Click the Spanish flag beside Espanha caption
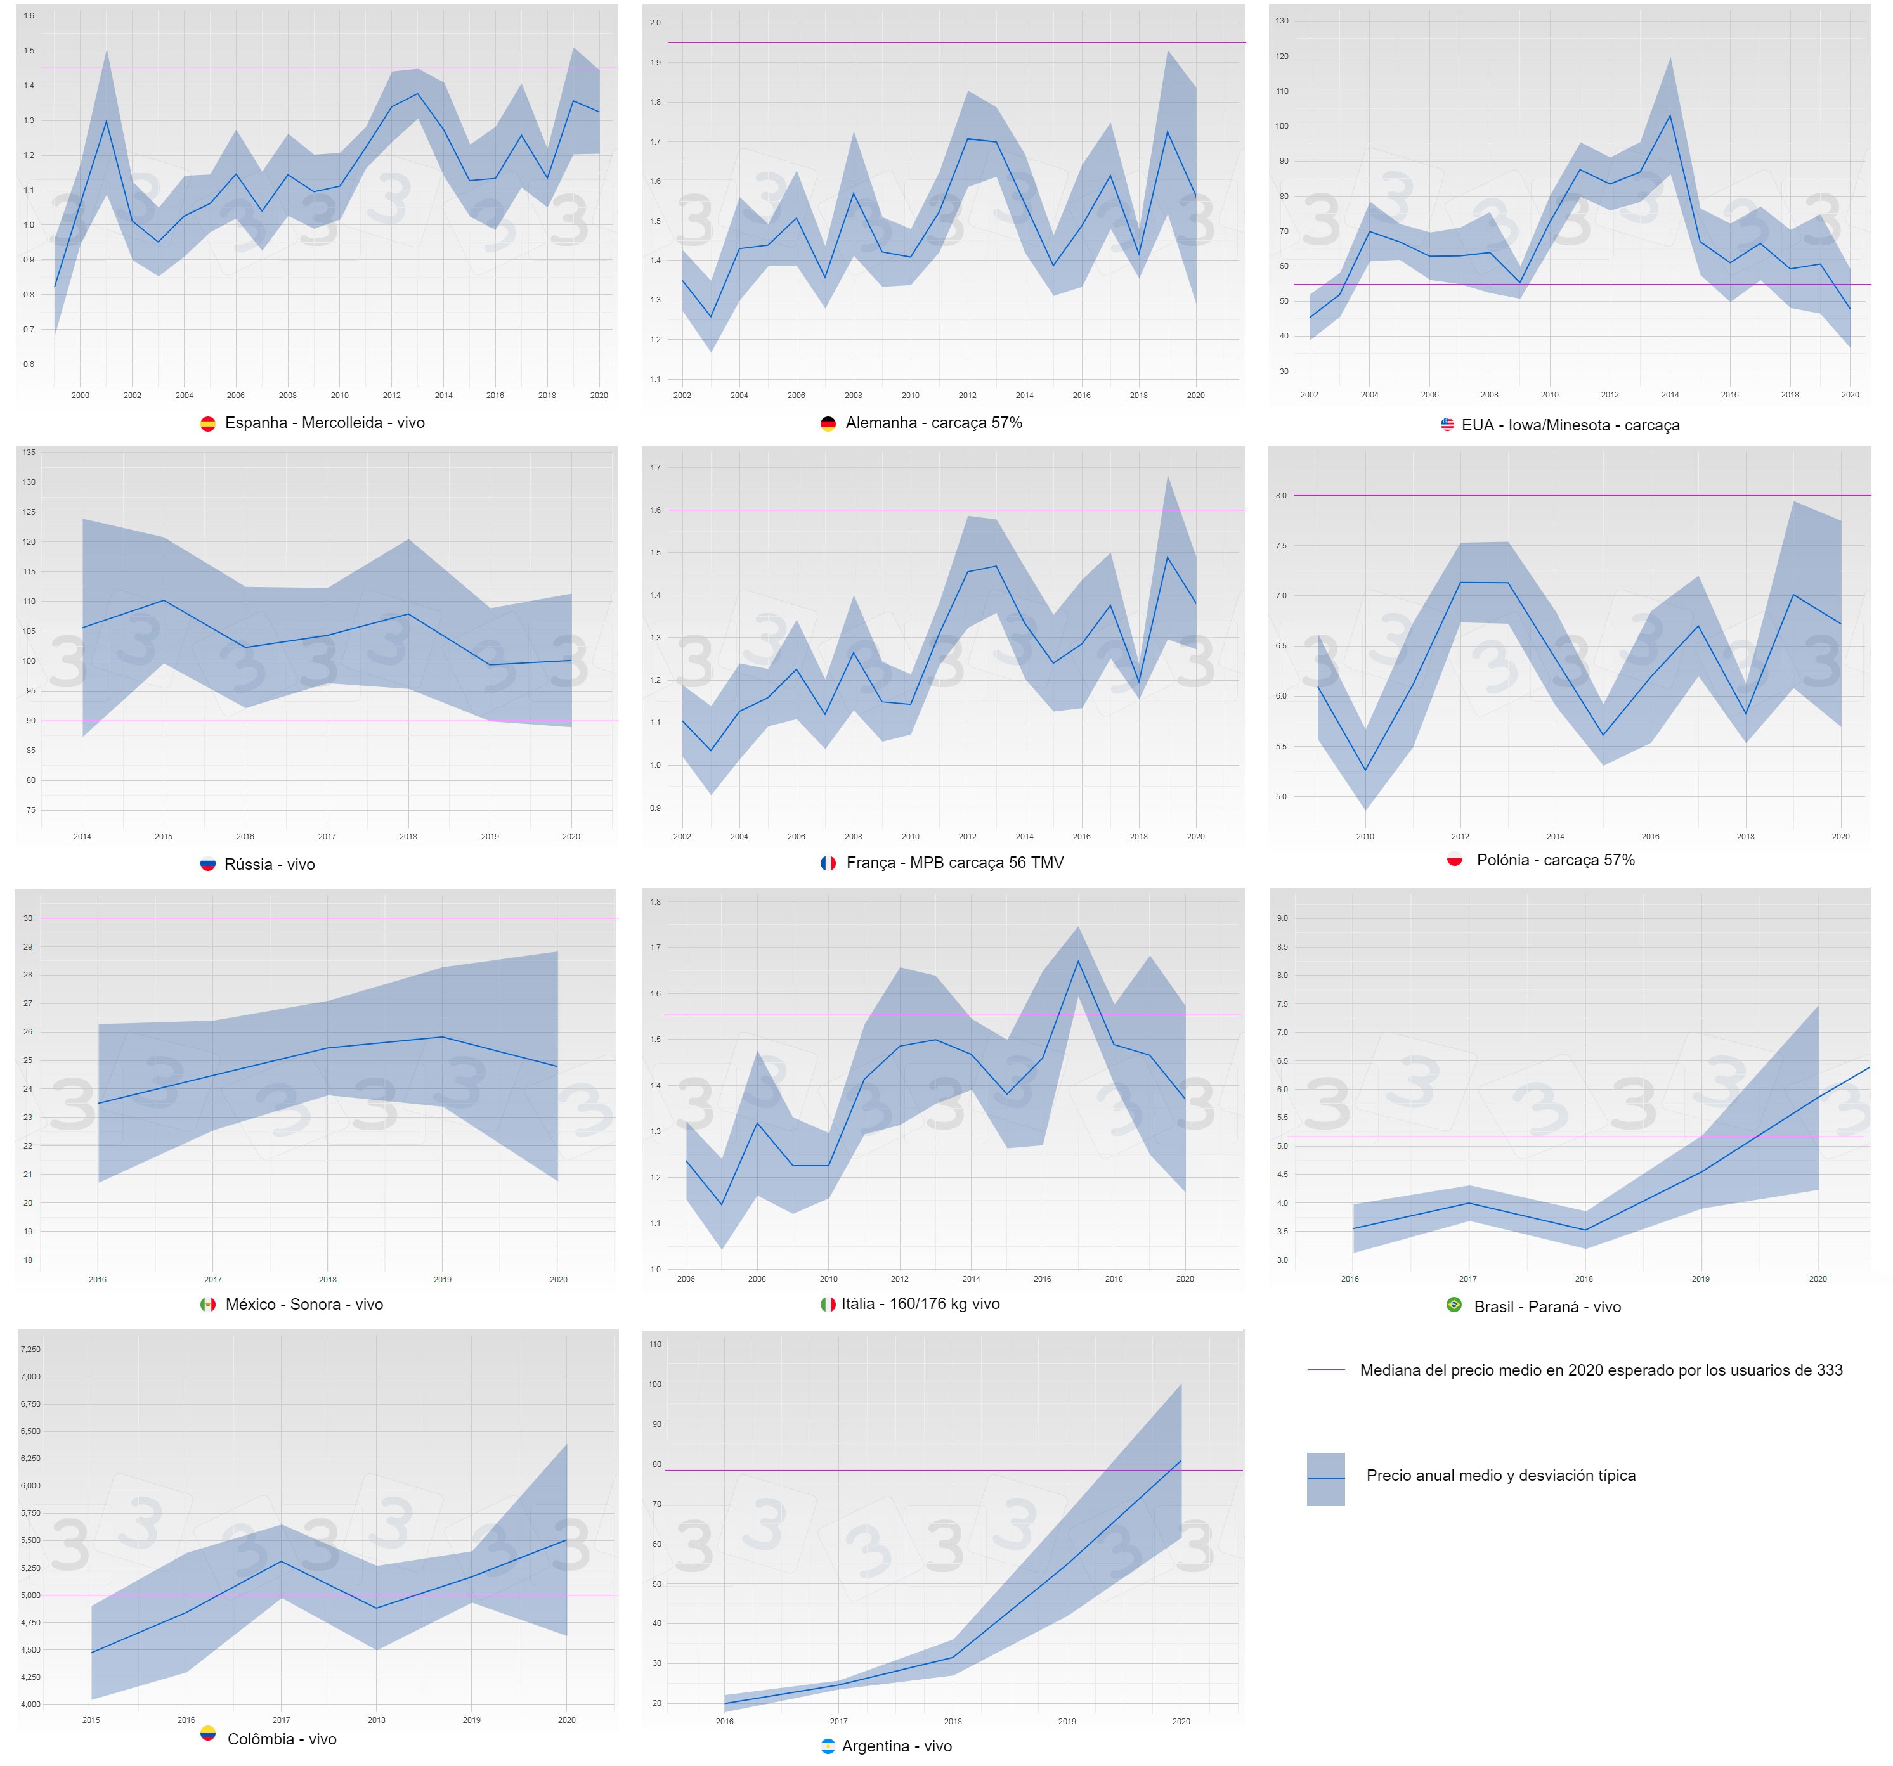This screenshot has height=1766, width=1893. click(x=207, y=423)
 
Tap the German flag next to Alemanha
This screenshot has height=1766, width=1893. click(x=828, y=423)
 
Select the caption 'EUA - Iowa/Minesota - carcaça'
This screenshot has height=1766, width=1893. click(x=1570, y=425)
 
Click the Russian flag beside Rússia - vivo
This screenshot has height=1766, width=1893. click(x=207, y=865)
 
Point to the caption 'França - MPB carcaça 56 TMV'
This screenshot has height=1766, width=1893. click(x=955, y=863)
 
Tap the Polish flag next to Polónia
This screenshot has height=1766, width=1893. click(x=1454, y=859)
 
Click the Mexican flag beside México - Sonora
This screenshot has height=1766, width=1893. click(x=207, y=1305)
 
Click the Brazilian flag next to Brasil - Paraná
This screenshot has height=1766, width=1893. click(x=1454, y=1305)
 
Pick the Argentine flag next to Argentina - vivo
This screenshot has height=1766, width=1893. click(x=828, y=1746)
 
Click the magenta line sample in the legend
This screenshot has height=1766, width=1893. click(x=1325, y=1370)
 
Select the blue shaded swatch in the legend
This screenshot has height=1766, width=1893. click(x=1325, y=1478)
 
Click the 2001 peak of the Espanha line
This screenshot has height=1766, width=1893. click(x=106, y=121)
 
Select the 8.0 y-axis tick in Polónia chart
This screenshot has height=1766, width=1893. click(x=1281, y=495)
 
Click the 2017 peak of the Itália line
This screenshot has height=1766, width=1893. click(x=1078, y=960)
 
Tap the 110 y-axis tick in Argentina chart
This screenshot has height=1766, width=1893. click(x=655, y=1344)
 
